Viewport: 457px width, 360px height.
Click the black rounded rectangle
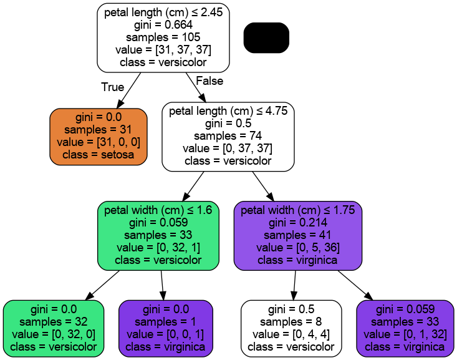point(266,38)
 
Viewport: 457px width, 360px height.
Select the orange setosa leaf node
point(99,136)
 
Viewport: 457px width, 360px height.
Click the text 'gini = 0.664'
point(163,25)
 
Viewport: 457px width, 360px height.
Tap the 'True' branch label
point(113,87)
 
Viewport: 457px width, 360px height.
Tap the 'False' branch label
point(209,81)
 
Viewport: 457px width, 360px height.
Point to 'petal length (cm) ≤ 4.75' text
point(228,111)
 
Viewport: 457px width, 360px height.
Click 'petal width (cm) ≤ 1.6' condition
point(158,210)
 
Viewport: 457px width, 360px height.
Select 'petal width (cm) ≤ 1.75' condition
point(297,210)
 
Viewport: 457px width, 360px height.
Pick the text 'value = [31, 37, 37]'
point(163,51)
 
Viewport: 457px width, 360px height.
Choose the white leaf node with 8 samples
point(291,328)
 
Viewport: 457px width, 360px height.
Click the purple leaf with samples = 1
point(165,328)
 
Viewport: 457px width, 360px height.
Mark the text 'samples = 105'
point(163,37)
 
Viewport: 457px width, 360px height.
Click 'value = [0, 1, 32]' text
point(405,334)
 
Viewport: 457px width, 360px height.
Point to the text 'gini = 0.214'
point(297,223)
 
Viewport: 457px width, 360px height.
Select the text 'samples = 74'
point(228,136)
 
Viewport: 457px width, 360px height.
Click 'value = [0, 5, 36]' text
point(297,248)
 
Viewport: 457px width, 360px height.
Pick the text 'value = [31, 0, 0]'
point(99,142)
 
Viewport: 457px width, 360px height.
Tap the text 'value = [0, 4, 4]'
point(291,334)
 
